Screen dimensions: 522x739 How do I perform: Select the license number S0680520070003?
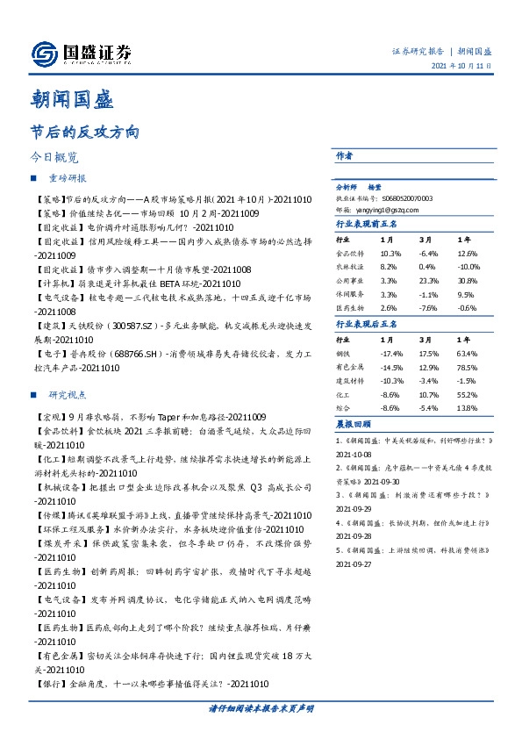[x=402, y=199]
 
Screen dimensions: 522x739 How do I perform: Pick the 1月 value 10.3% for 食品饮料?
[x=389, y=253]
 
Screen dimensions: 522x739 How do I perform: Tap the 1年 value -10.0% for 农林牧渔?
[x=468, y=267]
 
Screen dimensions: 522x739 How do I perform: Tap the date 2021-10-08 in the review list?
[x=356, y=455]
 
